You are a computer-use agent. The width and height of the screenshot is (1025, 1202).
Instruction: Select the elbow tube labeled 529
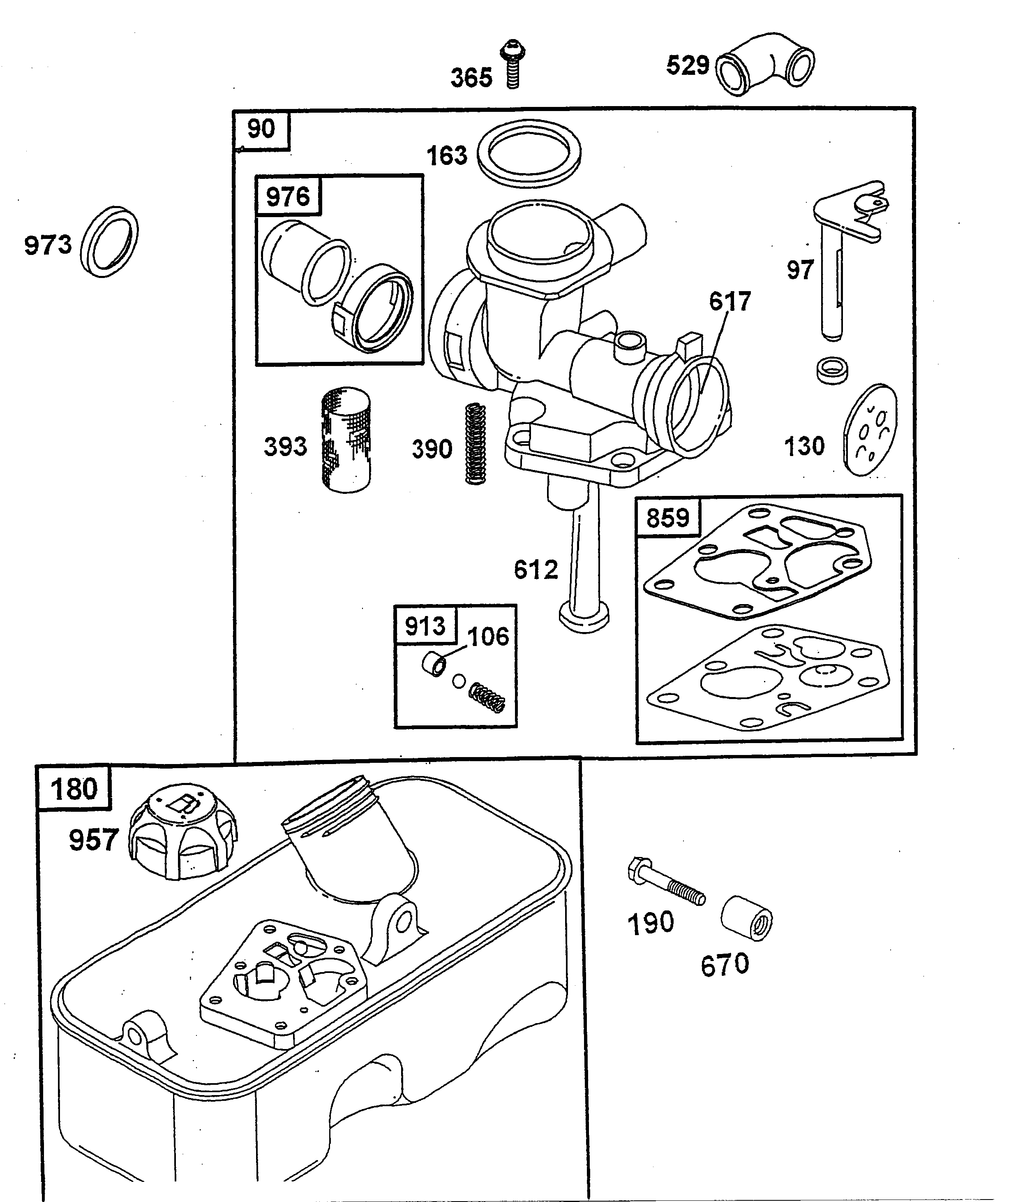[764, 65]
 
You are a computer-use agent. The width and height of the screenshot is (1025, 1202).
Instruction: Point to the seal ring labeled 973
[109, 242]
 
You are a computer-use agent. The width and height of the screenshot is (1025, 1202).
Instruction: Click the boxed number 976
[288, 197]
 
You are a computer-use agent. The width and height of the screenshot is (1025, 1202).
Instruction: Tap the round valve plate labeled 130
[870, 430]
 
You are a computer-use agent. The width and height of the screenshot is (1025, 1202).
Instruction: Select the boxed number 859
[667, 518]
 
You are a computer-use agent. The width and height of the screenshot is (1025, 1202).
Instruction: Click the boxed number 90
[261, 129]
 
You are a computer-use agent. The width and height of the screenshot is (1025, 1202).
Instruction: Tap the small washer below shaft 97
[832, 370]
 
